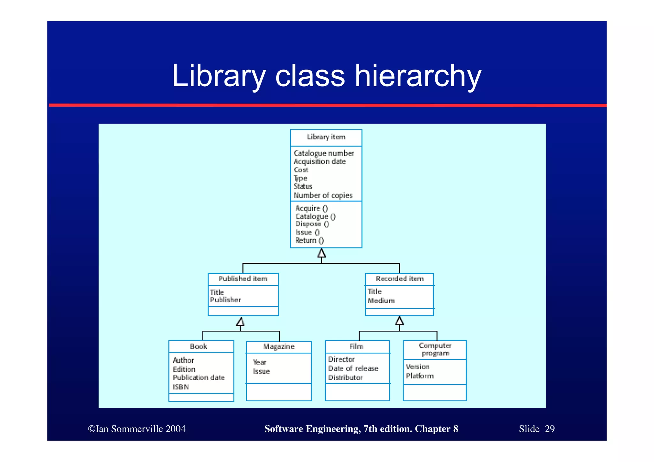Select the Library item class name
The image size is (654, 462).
pos(326,137)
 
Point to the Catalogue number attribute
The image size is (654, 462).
pos(323,153)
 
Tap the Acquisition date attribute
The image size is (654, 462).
pos(319,162)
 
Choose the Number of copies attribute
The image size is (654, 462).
pos(323,195)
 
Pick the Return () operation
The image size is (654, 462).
pos(309,240)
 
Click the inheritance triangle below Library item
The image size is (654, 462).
pos(322,254)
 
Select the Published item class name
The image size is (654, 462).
pos(243,279)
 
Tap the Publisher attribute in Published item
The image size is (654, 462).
pos(225,300)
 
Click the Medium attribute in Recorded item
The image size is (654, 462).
pos(381,301)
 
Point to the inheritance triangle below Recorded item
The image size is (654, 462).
pos(399,321)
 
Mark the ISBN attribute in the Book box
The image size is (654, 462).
pos(181,387)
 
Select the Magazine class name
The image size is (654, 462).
pos(279,347)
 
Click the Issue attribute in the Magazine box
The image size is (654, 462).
pos(262,371)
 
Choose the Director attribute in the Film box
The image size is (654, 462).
pos(341,360)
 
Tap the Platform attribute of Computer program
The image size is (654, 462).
pos(420,376)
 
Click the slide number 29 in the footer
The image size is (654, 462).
pos(550,429)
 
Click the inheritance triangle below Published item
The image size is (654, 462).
pos(240,322)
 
